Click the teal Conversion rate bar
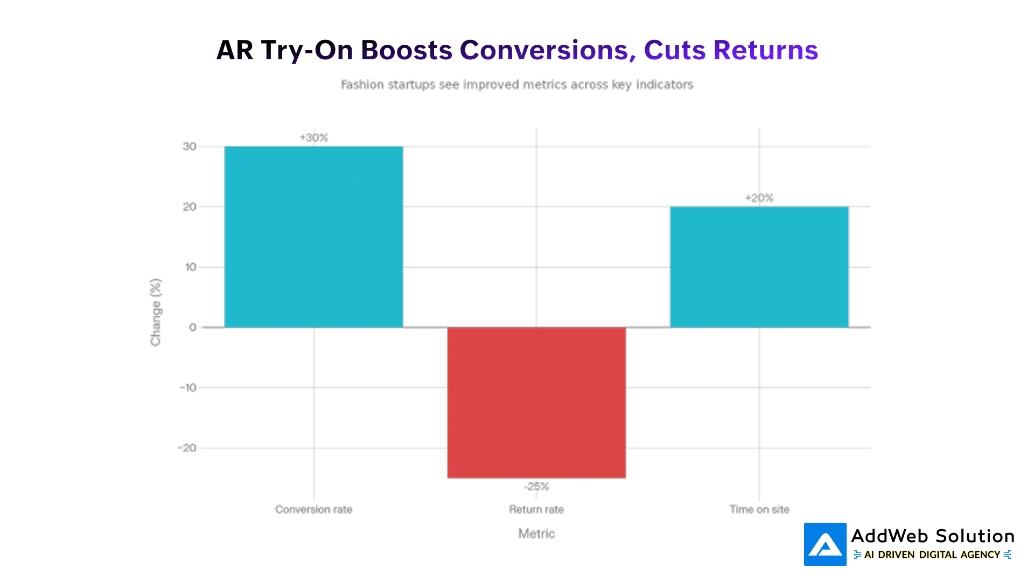point(313,237)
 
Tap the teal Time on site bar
point(759,267)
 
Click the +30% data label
point(314,137)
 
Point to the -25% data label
point(536,487)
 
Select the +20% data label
point(759,198)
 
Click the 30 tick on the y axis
point(190,147)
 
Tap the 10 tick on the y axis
point(191,267)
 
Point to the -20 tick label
point(187,448)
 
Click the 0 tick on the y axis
point(193,327)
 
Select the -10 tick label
point(188,387)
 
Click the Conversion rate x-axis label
point(313,509)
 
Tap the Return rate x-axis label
point(536,509)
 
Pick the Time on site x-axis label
point(759,509)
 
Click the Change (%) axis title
point(156,312)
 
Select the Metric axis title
point(536,533)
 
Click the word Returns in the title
point(765,50)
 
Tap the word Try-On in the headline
point(307,50)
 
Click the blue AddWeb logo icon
point(825,544)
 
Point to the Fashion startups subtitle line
point(517,85)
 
